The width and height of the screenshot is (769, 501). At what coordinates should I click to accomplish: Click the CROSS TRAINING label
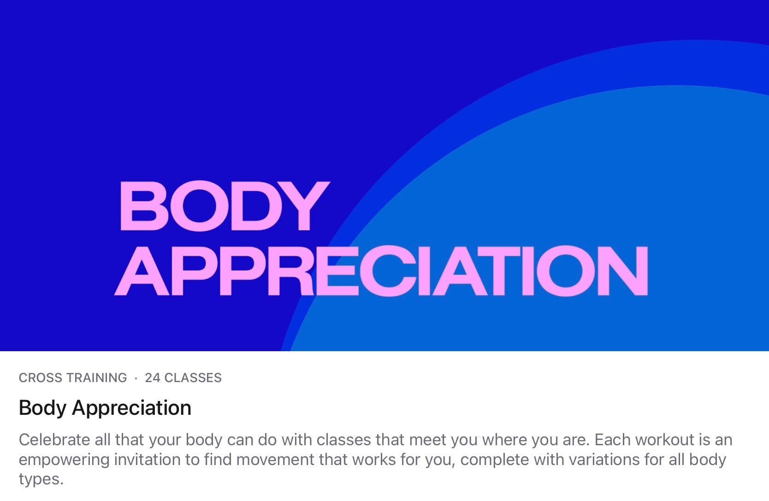coord(73,378)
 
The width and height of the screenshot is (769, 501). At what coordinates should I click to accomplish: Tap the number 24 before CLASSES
coord(153,378)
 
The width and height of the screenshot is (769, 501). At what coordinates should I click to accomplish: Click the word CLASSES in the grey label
coord(193,378)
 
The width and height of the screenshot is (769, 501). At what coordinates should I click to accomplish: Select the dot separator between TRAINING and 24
coord(136,378)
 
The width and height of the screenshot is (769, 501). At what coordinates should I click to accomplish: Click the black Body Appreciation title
coord(105,408)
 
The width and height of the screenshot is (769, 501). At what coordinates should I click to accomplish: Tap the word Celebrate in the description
coord(54,440)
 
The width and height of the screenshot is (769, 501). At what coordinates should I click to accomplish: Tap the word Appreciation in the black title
coord(131,408)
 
